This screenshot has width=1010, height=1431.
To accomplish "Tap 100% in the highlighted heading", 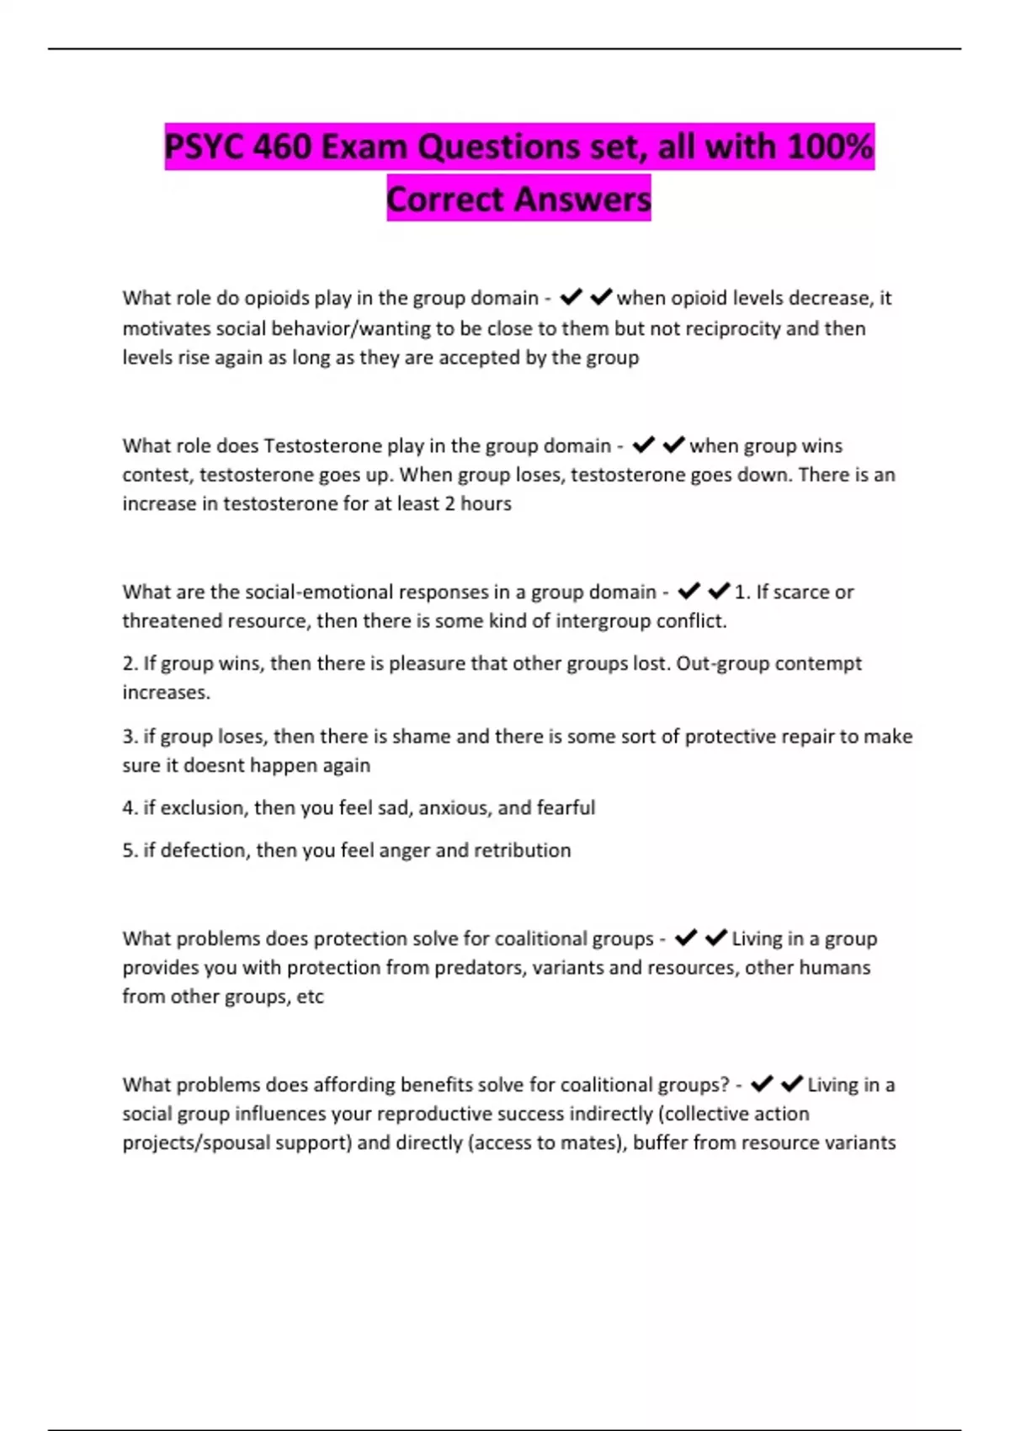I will click(x=830, y=147).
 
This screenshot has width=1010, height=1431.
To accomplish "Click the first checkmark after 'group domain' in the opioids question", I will click(x=571, y=297).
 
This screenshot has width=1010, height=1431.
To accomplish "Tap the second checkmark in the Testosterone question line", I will click(x=673, y=444).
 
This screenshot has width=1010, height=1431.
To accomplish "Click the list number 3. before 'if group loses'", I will click(x=130, y=737).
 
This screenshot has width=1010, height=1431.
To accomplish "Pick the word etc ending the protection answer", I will click(x=310, y=997).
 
